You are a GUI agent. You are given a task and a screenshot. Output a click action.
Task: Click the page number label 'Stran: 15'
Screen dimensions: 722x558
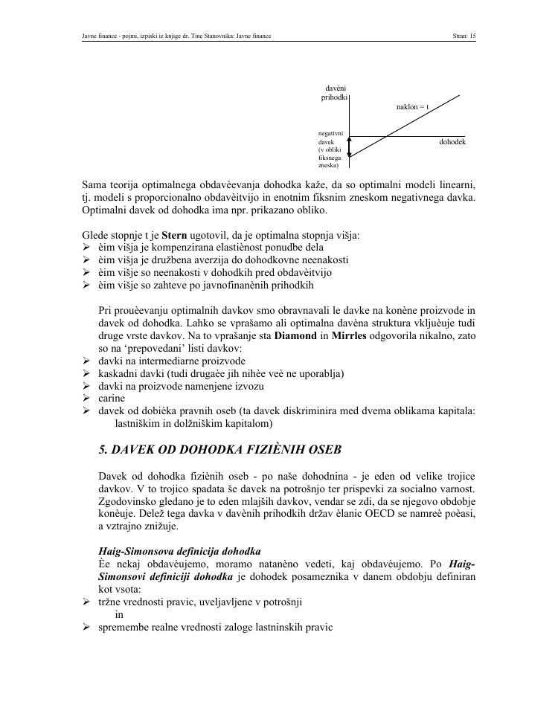464,35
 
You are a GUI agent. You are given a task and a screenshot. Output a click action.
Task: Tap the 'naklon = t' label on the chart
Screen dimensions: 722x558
412,107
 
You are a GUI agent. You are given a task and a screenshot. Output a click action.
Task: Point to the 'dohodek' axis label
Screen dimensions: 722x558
452,141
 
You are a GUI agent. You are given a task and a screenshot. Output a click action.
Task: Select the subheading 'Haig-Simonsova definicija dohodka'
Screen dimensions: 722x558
179,551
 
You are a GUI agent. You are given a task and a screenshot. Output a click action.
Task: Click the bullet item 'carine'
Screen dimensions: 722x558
112,398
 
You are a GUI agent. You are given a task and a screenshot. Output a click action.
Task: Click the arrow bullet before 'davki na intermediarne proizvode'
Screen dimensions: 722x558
87,361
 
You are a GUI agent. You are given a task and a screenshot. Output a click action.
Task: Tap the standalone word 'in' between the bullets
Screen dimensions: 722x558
120,614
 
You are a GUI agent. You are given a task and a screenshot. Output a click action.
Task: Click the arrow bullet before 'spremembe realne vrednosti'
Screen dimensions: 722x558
87,627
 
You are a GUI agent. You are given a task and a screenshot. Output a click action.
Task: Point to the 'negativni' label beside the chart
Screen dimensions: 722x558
330,132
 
